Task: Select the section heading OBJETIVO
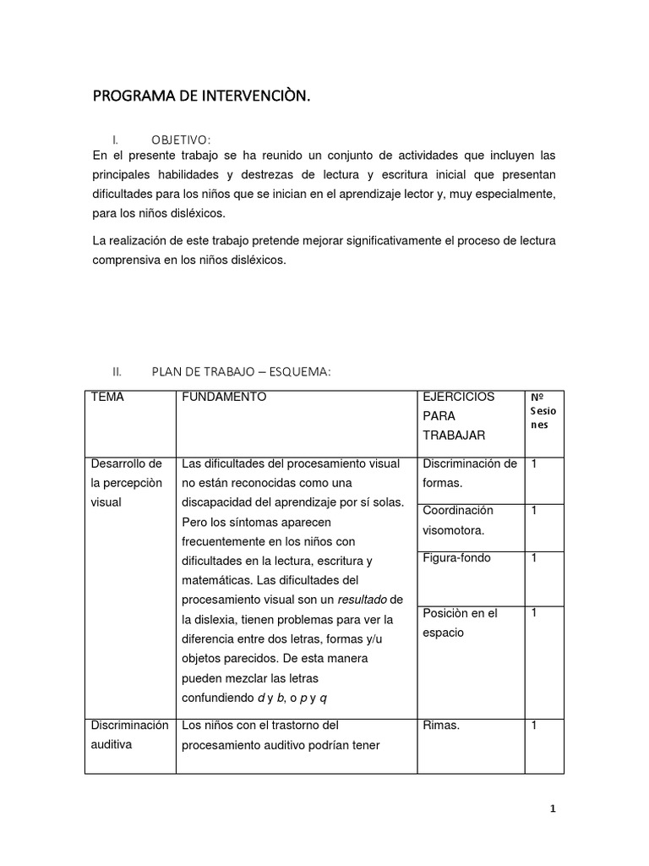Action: pos(181,140)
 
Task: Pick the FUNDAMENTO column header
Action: pos(224,397)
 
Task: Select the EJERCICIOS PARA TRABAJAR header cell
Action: pos(459,415)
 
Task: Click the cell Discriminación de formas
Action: pos(469,473)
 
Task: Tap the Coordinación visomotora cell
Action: pos(458,520)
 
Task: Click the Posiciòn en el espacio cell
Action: pos(460,622)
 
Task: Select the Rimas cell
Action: pos(441,725)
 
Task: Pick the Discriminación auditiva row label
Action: pos(128,734)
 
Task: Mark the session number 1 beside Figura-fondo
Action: pos(534,558)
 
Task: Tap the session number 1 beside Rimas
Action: pos(534,725)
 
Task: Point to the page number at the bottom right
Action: pos(553,808)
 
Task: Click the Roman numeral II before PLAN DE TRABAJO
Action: pos(117,371)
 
